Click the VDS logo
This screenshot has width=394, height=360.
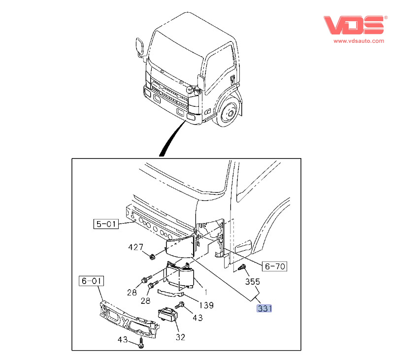click(354, 25)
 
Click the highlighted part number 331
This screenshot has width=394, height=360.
click(264, 309)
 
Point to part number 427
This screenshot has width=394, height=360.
click(135, 247)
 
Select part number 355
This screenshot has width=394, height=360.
click(252, 282)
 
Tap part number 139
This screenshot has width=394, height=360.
click(206, 305)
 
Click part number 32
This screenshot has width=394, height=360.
click(180, 337)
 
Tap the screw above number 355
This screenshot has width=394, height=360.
click(242, 268)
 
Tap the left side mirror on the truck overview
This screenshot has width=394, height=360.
click(140, 47)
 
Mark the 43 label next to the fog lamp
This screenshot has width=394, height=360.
click(197, 318)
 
